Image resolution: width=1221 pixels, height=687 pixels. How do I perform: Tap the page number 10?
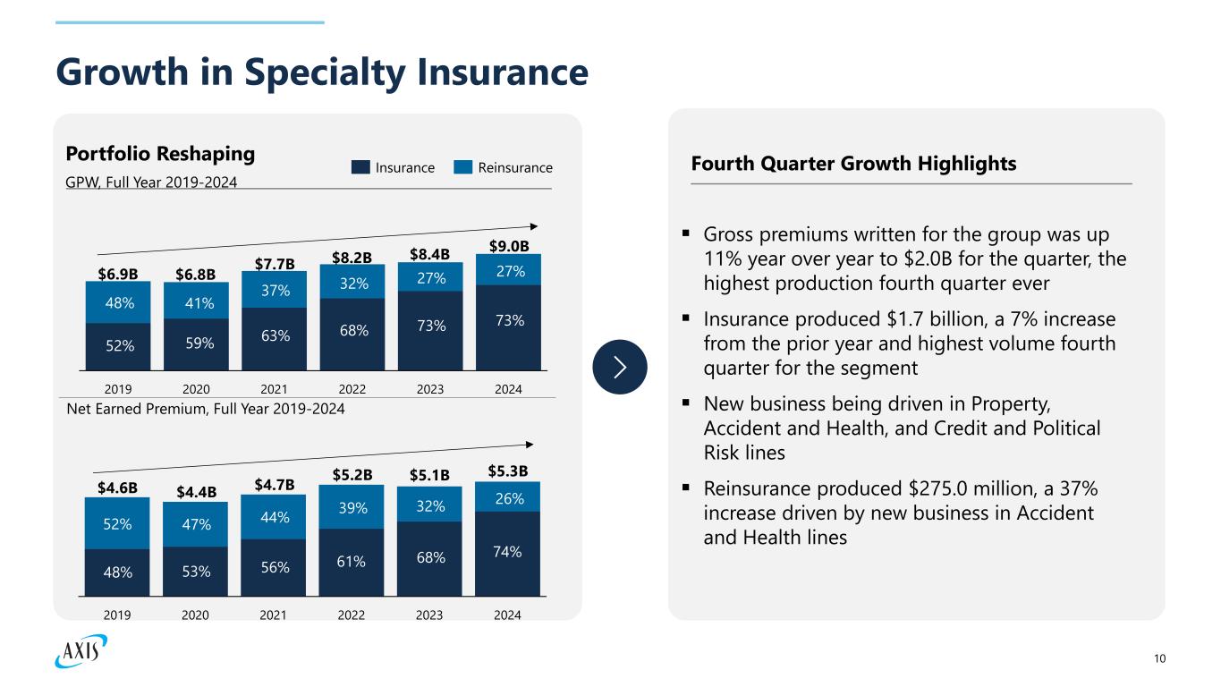coord(1160,659)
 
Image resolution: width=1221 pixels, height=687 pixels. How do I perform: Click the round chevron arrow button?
coord(620,367)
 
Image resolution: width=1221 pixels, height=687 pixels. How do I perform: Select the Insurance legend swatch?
coord(360,167)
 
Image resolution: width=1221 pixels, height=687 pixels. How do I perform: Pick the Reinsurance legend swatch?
coord(463,167)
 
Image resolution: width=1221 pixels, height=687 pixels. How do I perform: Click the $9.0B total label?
coord(509,245)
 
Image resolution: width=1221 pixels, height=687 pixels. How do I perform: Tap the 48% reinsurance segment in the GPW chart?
coord(117,302)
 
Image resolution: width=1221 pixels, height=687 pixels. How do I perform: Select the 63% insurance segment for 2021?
coord(275,336)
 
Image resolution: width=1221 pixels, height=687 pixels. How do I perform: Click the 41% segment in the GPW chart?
coord(196,302)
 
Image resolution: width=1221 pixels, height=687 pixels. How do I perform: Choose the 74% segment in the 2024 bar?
coord(507,552)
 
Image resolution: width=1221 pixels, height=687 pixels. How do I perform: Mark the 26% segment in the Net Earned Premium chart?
coord(507,497)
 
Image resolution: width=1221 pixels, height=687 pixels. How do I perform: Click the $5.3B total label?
coord(509,471)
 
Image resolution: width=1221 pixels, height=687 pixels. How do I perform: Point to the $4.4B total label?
coord(196,490)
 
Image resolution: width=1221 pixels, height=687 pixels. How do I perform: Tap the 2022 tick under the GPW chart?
coord(352,390)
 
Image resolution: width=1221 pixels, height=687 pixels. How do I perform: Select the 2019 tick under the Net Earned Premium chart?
coord(117,615)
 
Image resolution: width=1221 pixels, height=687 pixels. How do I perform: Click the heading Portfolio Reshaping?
coord(160,154)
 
